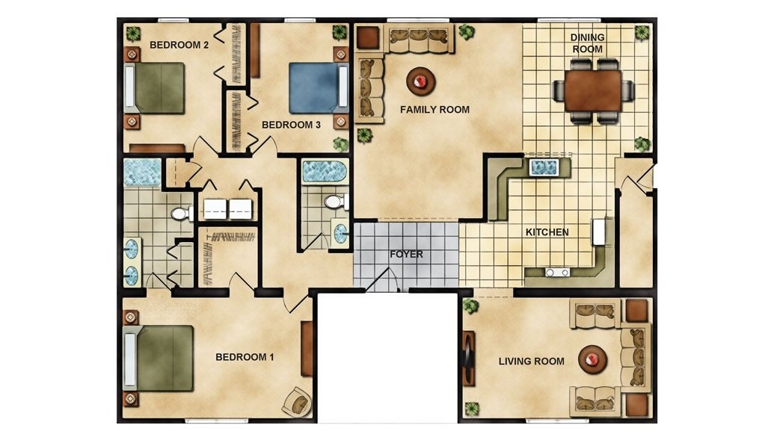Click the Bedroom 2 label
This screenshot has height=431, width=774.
click(x=179, y=45)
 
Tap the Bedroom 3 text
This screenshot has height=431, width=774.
click(x=291, y=125)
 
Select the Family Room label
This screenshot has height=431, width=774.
click(x=434, y=110)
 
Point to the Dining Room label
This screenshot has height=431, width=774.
click(x=587, y=43)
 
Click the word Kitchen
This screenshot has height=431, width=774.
click(x=547, y=232)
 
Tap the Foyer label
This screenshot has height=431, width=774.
click(x=406, y=254)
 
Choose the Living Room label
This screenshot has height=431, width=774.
click(x=531, y=361)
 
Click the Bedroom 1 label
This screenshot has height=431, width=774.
click(x=245, y=357)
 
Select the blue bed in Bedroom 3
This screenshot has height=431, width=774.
click(x=319, y=87)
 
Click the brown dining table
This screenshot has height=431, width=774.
click(x=593, y=90)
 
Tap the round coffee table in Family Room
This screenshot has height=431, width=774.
click(x=420, y=81)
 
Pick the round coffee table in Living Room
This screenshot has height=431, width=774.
click(x=592, y=359)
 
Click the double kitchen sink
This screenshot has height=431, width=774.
click(x=544, y=167)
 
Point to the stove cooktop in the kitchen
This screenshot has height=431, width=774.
click(x=557, y=272)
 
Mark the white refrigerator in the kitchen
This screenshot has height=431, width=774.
click(x=599, y=232)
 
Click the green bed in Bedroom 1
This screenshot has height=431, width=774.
click(x=158, y=359)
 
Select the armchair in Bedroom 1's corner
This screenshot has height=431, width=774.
click(x=297, y=401)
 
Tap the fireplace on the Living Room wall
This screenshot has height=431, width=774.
click(x=468, y=358)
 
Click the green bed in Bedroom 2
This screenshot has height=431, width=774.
click(x=155, y=88)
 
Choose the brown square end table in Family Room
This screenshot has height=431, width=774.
click(x=368, y=37)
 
